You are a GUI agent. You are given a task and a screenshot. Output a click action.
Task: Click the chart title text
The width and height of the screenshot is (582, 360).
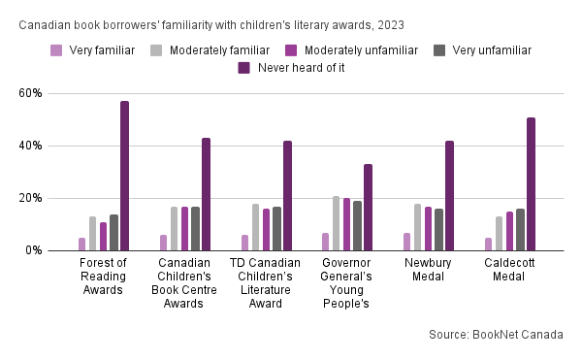(211, 25)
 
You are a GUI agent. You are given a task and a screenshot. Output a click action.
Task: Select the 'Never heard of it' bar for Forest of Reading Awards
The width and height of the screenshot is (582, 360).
(125, 176)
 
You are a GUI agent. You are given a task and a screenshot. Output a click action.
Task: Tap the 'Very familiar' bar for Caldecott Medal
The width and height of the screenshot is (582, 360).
(489, 245)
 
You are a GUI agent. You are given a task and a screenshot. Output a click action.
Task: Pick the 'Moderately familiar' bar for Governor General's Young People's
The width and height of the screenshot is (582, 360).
(336, 223)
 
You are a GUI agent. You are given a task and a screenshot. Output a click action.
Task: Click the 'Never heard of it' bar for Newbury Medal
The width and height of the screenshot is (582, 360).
(449, 196)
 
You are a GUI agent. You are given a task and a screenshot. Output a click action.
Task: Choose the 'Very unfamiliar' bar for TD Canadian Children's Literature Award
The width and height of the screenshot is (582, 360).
(276, 229)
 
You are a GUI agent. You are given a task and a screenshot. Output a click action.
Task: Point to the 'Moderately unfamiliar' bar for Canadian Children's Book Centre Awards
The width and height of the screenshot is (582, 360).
(185, 229)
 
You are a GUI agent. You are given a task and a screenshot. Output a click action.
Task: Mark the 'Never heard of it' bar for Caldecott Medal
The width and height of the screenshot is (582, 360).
(532, 184)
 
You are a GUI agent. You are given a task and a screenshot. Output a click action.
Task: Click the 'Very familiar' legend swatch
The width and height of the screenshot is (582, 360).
(56, 50)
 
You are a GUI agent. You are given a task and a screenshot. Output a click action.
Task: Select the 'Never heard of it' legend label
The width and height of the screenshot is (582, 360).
(301, 68)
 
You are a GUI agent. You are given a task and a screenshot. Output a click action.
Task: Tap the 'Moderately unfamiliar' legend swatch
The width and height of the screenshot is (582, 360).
(291, 50)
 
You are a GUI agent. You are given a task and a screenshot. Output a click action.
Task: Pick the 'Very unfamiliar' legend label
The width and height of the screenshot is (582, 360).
(492, 50)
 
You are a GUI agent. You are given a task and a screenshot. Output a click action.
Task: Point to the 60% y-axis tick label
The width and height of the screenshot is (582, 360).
(30, 93)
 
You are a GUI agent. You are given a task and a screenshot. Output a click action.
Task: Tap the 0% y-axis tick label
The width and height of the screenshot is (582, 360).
(34, 250)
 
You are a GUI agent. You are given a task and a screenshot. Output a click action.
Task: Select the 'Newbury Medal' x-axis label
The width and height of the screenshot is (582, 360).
(428, 270)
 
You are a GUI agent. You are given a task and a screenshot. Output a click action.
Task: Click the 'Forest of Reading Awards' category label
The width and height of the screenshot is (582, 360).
(103, 277)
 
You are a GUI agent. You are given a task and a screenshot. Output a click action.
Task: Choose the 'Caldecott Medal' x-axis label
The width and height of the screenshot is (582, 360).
(509, 270)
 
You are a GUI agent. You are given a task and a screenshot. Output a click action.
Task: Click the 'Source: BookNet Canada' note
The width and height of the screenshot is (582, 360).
(496, 335)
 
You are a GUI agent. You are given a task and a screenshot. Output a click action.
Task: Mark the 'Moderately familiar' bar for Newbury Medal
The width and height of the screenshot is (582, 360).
(417, 227)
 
